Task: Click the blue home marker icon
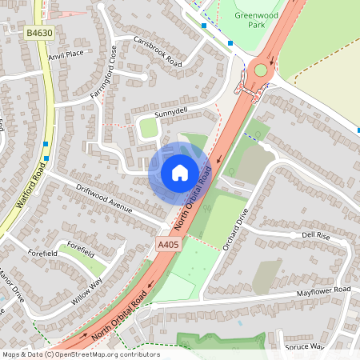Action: click(180, 172)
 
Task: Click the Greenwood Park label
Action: click(247, 18)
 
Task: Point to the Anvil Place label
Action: click(66, 54)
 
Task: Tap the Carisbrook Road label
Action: click(158, 51)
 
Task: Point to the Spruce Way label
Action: click(304, 346)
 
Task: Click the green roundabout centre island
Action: click(261, 70)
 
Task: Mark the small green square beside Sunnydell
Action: click(149, 128)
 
